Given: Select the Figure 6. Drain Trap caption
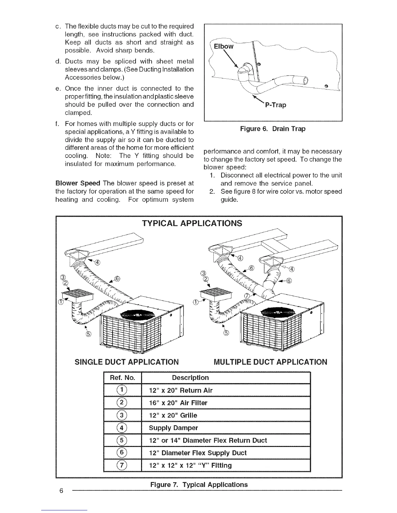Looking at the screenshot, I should coord(272,129).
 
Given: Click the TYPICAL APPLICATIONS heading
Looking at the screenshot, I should coord(192,223).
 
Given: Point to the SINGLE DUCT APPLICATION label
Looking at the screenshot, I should coord(126,361).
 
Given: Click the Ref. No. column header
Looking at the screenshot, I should coord(122,378).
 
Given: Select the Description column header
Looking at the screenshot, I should coord(190,378).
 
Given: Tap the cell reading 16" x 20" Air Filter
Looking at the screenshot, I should coord(178,403).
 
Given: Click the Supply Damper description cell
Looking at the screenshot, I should coord(173,428).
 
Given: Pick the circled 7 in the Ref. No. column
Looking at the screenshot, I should coord(122,465).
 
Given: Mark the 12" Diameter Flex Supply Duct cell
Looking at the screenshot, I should coord(198,453).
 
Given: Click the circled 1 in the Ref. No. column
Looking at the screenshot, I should coord(122,390).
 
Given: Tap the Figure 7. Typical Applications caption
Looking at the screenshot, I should coord(198,484).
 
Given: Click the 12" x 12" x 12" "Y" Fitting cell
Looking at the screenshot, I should coord(190,465).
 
